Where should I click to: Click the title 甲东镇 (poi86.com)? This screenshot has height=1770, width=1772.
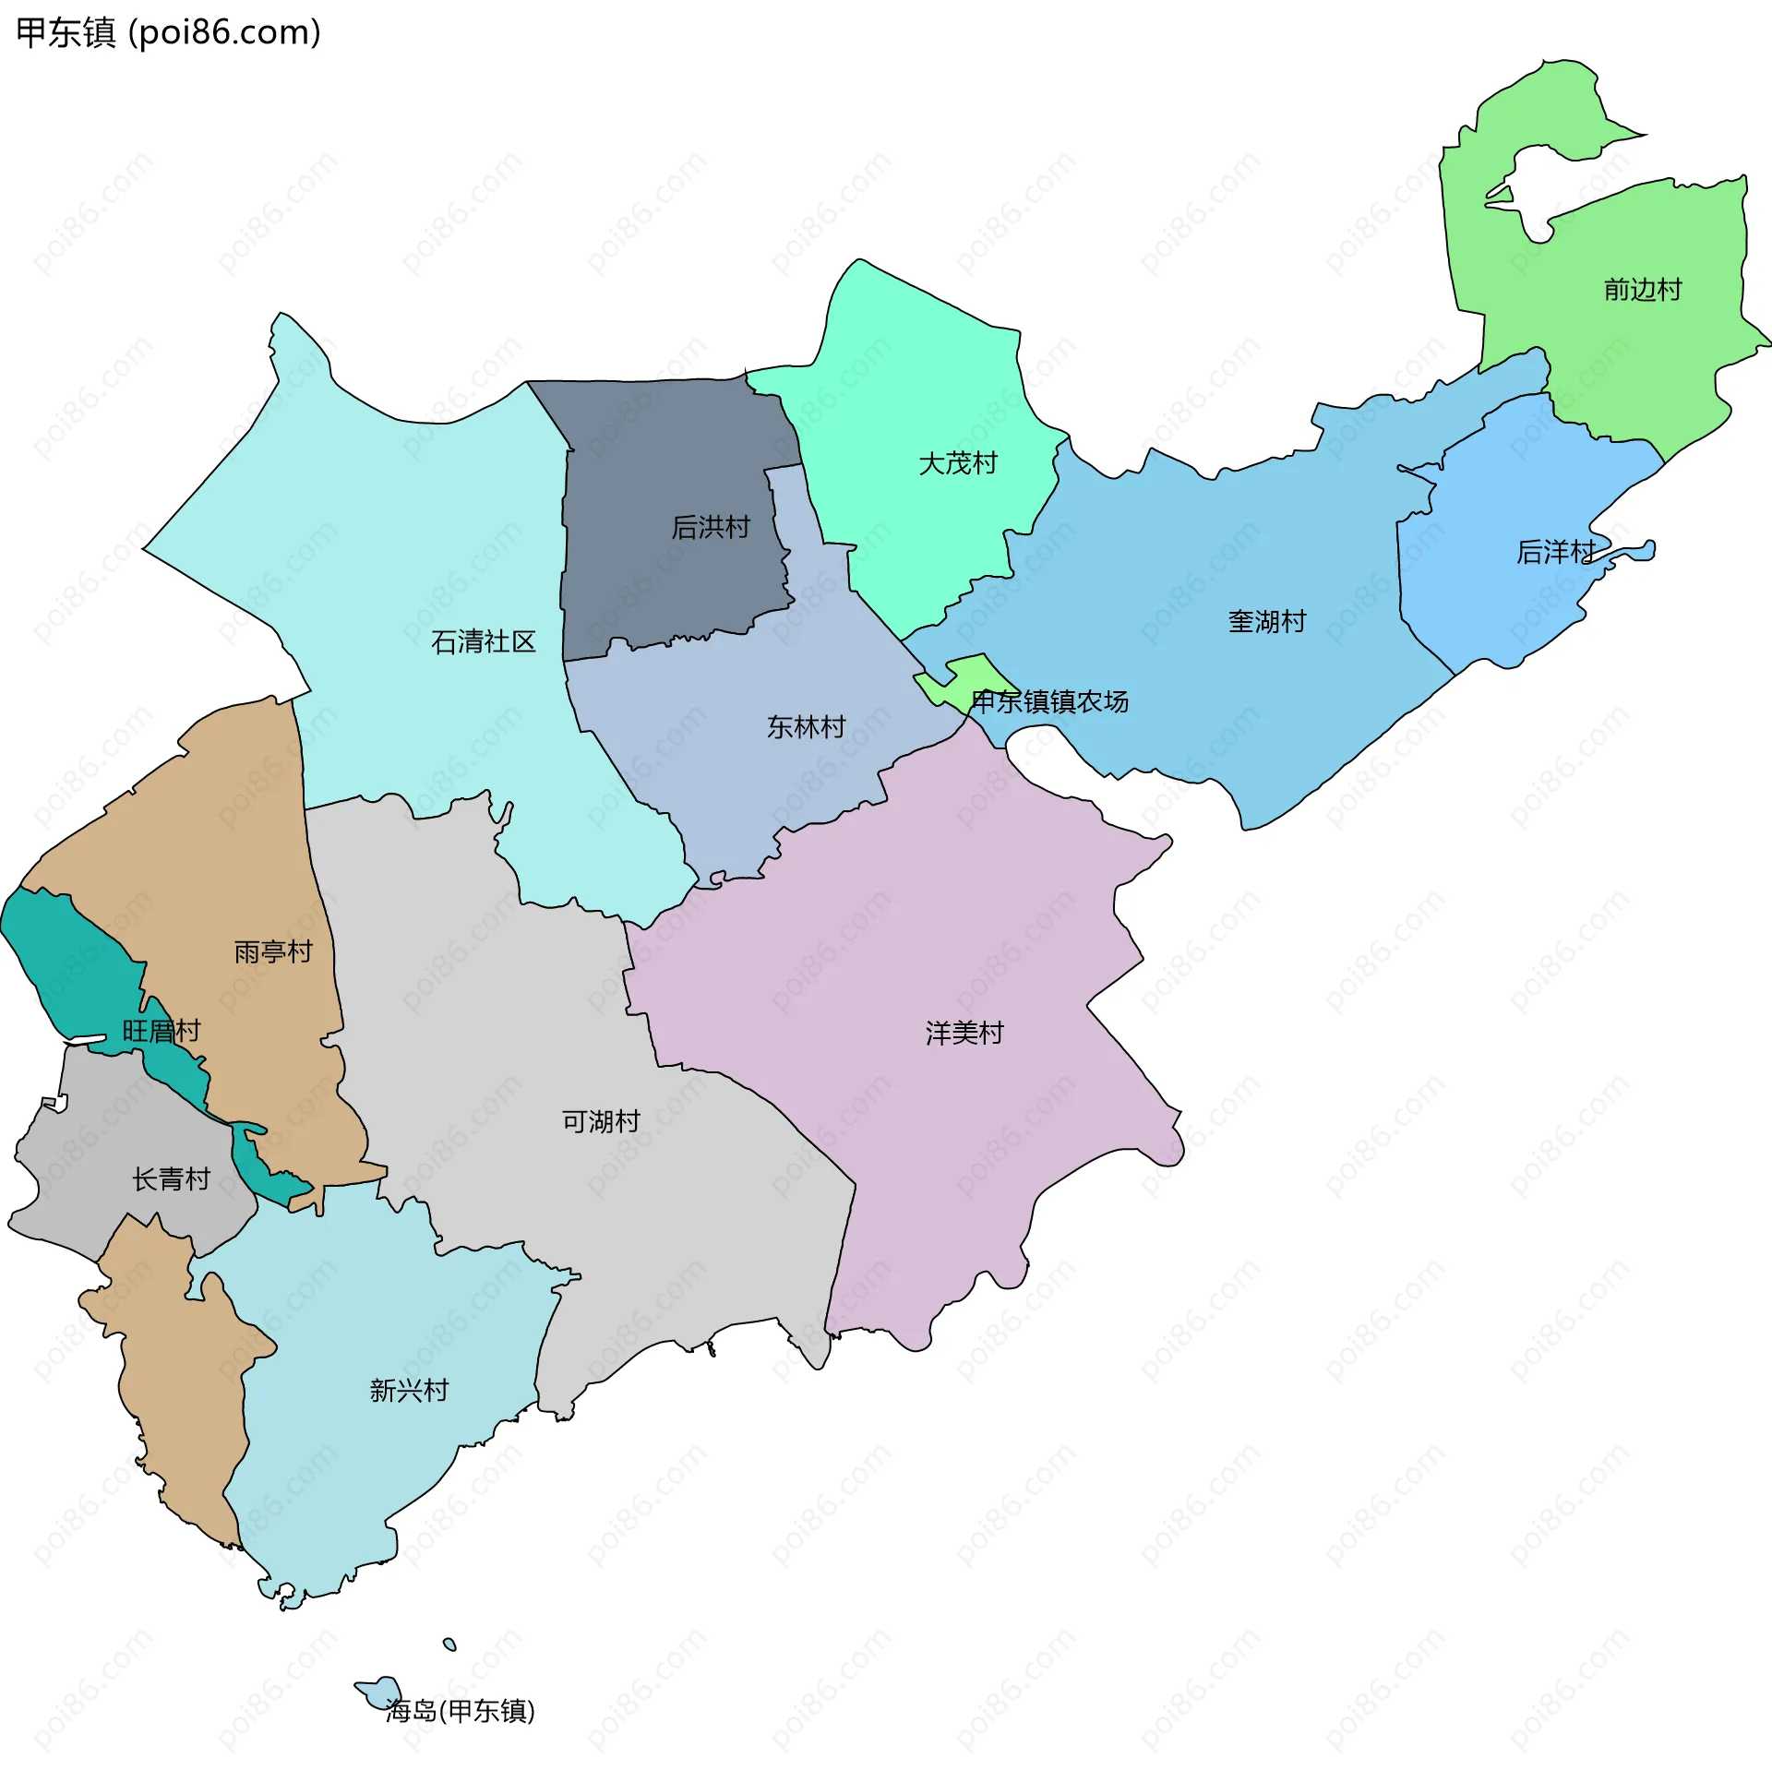click(169, 32)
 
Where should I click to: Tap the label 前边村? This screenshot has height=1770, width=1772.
click(1642, 290)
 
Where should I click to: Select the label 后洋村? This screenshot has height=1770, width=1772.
click(1555, 552)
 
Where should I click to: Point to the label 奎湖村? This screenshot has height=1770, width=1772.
click(1266, 622)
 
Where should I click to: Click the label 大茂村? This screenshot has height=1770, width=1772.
click(957, 463)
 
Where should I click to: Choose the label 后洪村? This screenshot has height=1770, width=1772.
click(710, 527)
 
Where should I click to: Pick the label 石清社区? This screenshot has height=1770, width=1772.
click(483, 642)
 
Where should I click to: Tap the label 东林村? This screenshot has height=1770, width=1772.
click(806, 727)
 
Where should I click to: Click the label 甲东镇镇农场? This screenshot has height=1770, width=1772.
click(1049, 702)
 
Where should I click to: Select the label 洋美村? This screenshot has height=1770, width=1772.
click(964, 1033)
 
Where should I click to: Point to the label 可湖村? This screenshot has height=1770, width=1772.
click(601, 1121)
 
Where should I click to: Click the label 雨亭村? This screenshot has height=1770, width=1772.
click(273, 951)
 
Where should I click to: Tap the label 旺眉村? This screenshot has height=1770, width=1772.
click(162, 1031)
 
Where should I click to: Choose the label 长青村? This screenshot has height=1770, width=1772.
click(171, 1178)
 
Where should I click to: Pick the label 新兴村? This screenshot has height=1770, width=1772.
click(409, 1390)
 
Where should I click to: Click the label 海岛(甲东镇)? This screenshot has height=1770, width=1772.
click(460, 1710)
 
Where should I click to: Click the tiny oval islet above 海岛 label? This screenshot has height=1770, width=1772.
click(449, 1644)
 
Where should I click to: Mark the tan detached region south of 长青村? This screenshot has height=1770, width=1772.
click(175, 1384)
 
